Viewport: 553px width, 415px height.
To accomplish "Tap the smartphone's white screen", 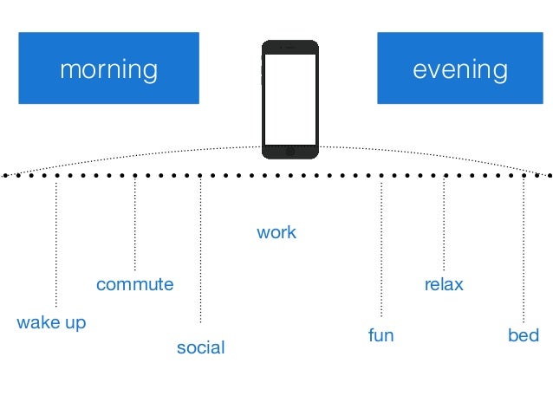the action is [x=290, y=100].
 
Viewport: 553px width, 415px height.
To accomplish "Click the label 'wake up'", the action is [x=51, y=323].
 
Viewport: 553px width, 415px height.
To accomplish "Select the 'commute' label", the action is [x=134, y=284].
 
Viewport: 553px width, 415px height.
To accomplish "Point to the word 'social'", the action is [x=200, y=347].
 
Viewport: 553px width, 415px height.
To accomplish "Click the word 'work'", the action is [x=276, y=232].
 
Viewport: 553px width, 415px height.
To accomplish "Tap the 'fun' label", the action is [x=381, y=334].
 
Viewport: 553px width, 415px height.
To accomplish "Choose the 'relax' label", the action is [x=444, y=284].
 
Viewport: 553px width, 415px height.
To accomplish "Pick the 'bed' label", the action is [x=524, y=334].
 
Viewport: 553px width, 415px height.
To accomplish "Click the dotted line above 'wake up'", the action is [x=56, y=243].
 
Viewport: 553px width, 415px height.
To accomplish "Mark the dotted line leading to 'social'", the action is [x=200, y=251].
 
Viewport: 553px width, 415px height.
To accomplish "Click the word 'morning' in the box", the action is [x=108, y=69].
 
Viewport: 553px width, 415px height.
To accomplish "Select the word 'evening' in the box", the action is [x=460, y=69].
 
